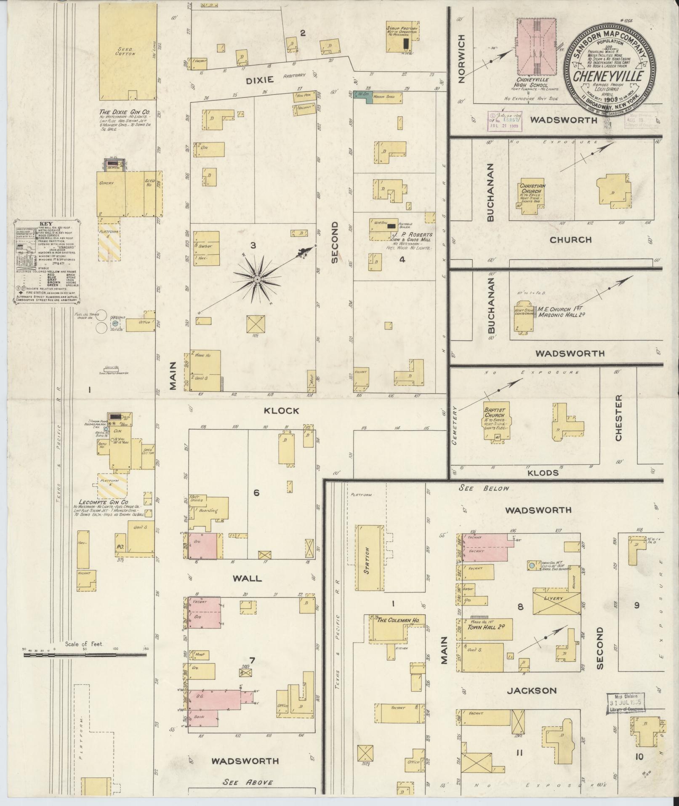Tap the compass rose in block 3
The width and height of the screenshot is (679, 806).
(256, 279)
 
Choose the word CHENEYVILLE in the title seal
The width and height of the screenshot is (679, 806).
(608, 76)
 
